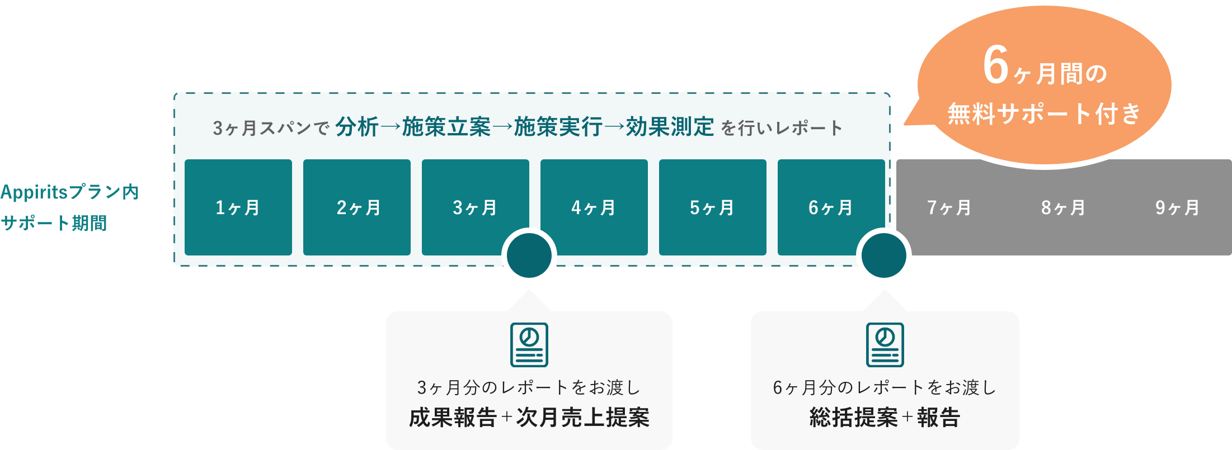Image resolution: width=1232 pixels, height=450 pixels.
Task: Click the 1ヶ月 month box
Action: [x=238, y=207]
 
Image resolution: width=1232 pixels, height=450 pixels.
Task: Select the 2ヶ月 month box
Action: [x=357, y=207]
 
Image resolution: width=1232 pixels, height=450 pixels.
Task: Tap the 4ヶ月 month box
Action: [x=594, y=207]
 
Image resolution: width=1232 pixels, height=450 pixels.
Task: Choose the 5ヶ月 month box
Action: [x=713, y=207]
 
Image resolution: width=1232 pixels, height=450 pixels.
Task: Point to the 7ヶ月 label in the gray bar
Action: [x=949, y=208]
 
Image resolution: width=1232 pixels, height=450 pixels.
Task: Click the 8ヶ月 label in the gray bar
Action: [x=1064, y=208]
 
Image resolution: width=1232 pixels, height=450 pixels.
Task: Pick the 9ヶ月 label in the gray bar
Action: [x=1178, y=208]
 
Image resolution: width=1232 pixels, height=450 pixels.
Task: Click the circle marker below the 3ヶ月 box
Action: [x=529, y=256]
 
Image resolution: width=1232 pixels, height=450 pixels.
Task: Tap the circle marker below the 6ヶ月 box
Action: [x=884, y=256]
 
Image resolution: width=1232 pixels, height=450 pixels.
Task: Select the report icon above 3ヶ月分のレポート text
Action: [x=529, y=344]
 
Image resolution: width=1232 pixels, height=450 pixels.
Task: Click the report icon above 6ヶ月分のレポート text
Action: [x=885, y=344]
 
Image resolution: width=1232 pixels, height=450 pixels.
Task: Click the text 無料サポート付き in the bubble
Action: [x=1044, y=114]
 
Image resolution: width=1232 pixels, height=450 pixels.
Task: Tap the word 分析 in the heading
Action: [x=357, y=127]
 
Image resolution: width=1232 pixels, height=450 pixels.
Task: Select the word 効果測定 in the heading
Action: [x=670, y=127]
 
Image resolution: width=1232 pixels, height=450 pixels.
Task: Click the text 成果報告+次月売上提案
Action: [x=529, y=417]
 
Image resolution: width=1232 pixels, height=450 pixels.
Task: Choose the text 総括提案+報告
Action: [x=885, y=417]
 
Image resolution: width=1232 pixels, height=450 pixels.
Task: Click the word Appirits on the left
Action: [x=34, y=193]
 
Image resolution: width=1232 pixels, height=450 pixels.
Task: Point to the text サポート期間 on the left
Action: [x=54, y=224]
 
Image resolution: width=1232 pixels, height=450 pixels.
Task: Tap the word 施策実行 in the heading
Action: [x=558, y=127]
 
